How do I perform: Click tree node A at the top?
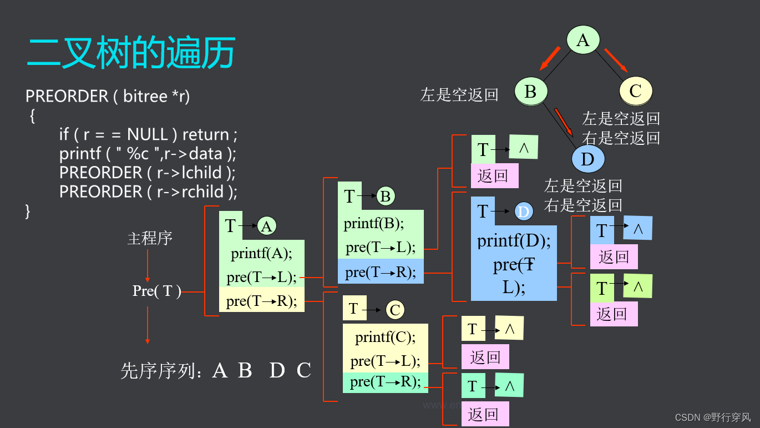click(x=582, y=40)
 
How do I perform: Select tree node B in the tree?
click(x=530, y=92)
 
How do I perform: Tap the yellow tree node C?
click(x=636, y=91)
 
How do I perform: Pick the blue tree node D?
click(x=587, y=160)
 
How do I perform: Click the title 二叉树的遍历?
click(x=131, y=53)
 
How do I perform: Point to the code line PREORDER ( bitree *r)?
click(x=108, y=96)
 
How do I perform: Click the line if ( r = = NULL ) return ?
click(x=148, y=134)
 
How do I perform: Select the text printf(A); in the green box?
click(x=261, y=254)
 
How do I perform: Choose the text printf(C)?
click(x=385, y=337)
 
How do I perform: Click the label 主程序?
click(x=150, y=239)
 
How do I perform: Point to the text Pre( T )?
click(x=157, y=291)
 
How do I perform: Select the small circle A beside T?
click(x=267, y=226)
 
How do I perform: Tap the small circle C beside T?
click(x=395, y=310)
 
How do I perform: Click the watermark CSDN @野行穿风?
click(x=712, y=417)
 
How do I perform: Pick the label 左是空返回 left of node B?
click(x=459, y=95)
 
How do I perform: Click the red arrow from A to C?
click(x=616, y=61)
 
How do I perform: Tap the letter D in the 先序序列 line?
click(x=277, y=370)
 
